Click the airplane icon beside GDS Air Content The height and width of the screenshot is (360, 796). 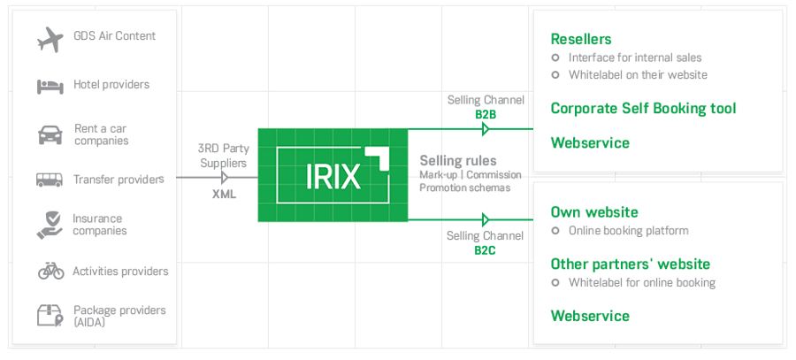coord(50,38)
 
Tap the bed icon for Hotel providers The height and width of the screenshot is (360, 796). coord(50,86)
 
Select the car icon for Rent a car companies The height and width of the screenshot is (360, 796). coord(50,134)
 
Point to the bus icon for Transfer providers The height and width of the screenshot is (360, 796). coord(50,180)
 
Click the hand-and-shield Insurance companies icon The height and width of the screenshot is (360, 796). coord(50,225)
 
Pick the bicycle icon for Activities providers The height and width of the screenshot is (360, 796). coord(50,271)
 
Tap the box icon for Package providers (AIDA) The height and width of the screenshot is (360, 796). coord(50,316)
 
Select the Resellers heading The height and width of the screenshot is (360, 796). coord(580,39)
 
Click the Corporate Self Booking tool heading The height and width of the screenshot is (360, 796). coord(643,109)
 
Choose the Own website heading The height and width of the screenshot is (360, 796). coord(593,212)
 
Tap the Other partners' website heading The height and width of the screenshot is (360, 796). coord(630,264)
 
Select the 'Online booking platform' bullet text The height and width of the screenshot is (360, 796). coord(628,231)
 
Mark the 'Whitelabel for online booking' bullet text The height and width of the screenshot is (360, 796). coord(641,283)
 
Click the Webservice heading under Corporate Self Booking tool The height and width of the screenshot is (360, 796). coord(590,142)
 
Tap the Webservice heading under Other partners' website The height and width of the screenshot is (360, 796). coord(590,316)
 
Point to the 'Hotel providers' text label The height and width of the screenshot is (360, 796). coord(111,85)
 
